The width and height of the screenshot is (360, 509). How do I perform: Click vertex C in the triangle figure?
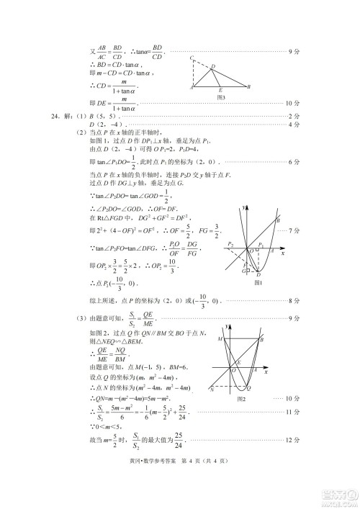click(191, 58)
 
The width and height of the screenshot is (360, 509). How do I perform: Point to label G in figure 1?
click(243, 271)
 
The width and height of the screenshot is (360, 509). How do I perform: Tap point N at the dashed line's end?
click(212, 388)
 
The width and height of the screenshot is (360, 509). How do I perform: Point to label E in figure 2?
click(238, 361)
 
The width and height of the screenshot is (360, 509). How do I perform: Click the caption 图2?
click(242, 397)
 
